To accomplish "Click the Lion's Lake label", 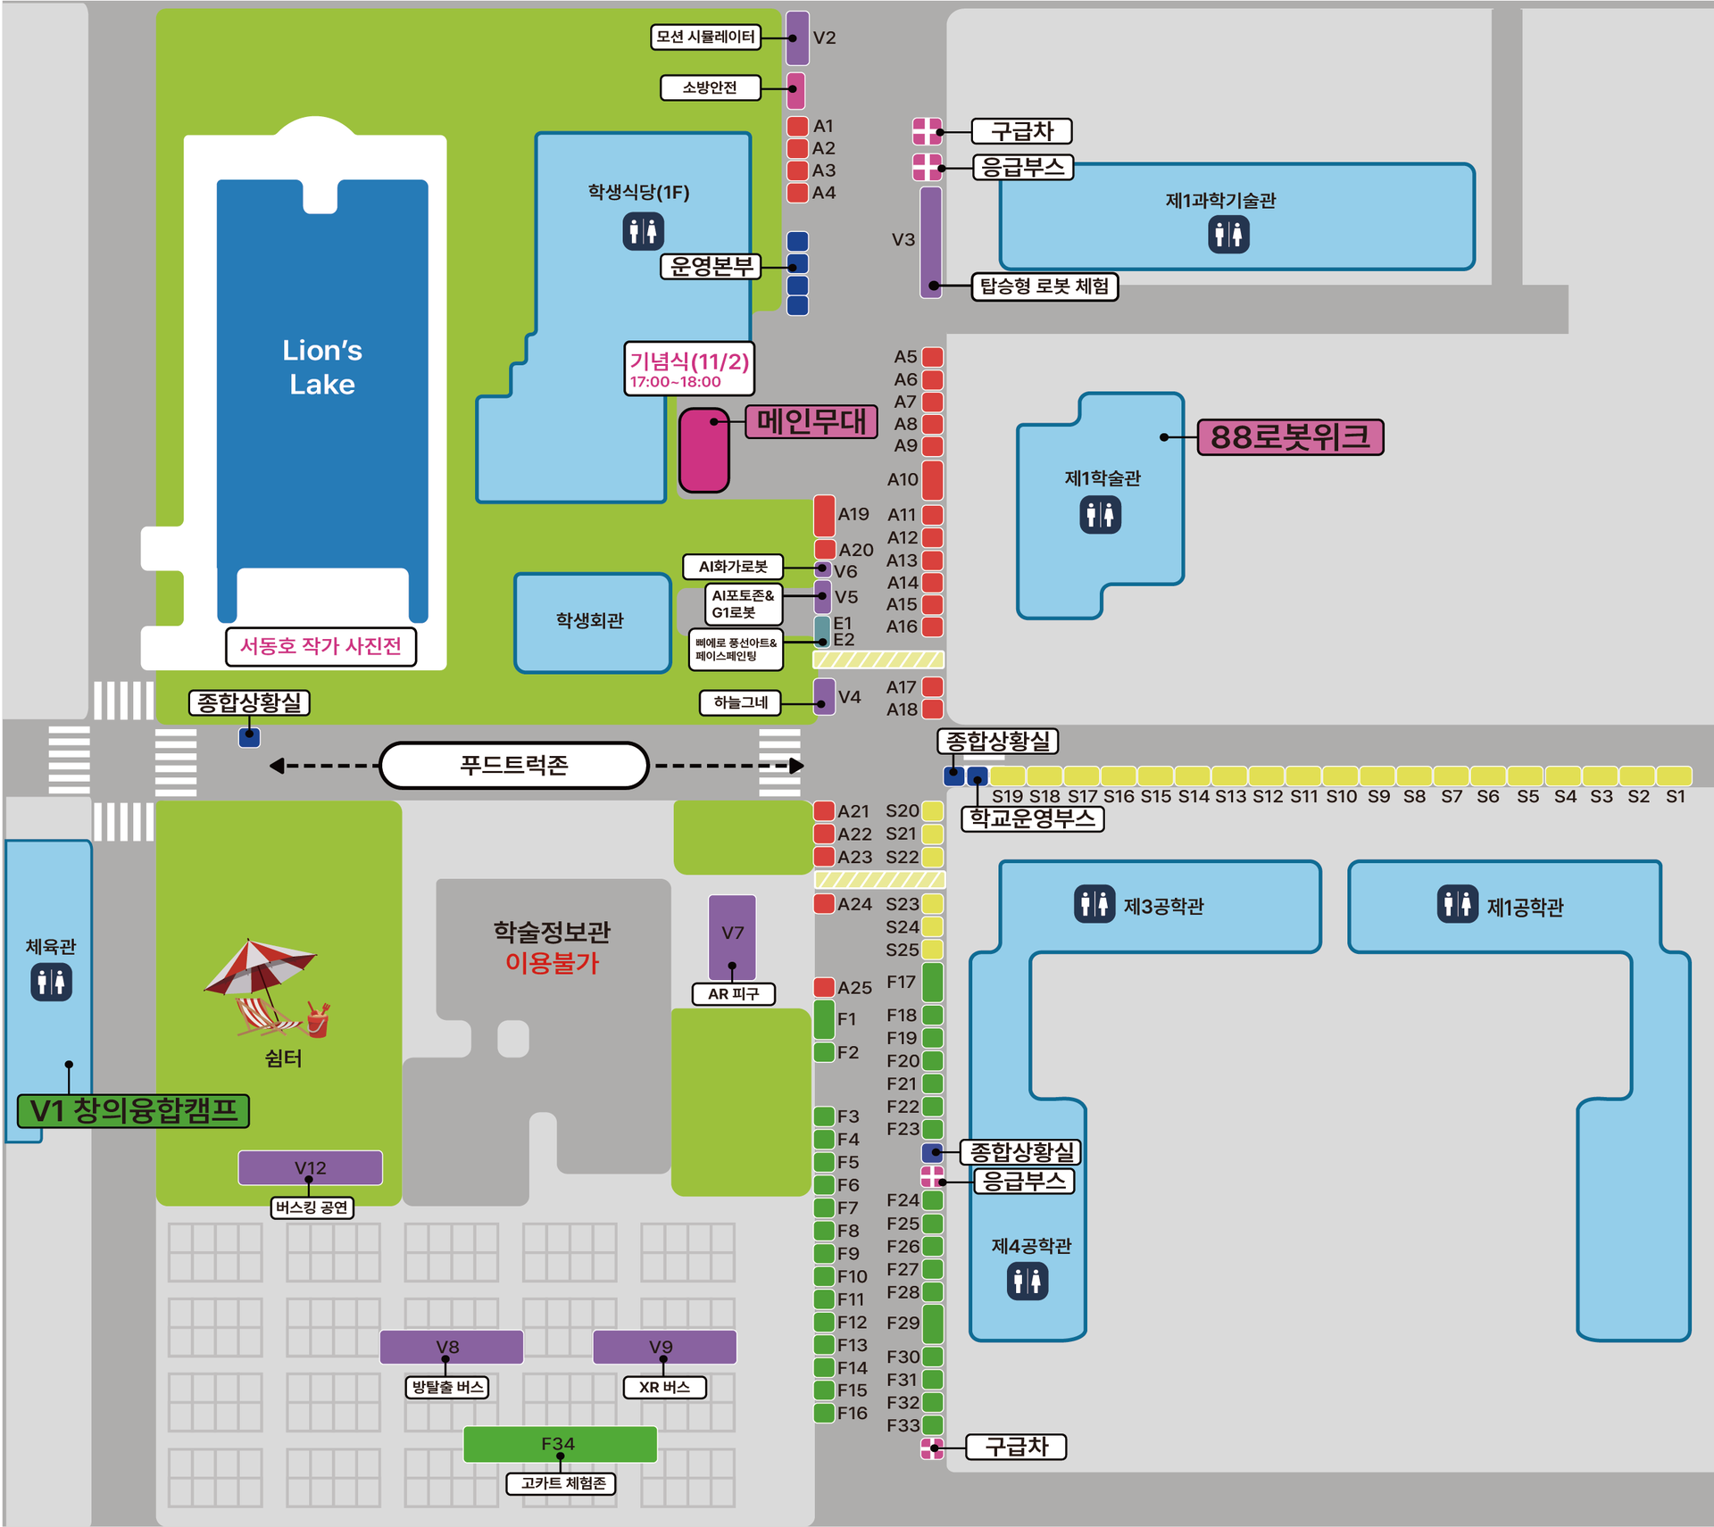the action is coord(322,367).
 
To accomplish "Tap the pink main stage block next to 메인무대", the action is coord(704,450).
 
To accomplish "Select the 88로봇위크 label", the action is coord(1290,437).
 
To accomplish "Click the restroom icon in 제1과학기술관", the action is coord(1228,235).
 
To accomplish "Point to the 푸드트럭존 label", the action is coord(514,765).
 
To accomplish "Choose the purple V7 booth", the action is coord(732,937).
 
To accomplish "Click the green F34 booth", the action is coord(560,1443).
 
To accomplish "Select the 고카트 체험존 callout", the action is coord(562,1483).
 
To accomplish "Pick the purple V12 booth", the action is coord(310,1167).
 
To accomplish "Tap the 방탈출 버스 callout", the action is coord(447,1388).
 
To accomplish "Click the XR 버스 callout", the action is coord(664,1388).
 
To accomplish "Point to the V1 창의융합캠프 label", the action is coord(134,1111).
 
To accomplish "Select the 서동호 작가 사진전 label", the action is coord(320,646).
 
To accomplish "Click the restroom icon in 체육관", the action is coord(51,983).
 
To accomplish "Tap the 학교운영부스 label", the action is coord(1032,819).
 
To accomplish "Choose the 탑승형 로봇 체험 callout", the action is coord(1044,286).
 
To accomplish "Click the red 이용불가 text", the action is coord(552,963).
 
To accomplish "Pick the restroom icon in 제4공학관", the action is coord(1028,1282).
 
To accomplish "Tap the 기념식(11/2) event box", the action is coord(689,369).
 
